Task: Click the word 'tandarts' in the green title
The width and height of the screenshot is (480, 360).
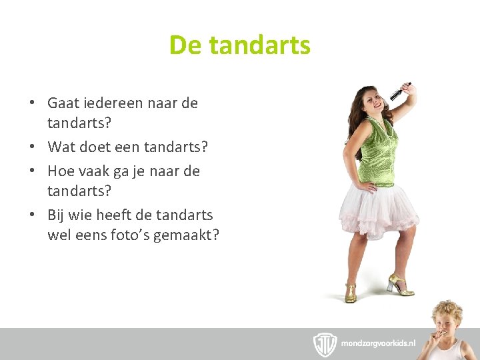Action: (259, 45)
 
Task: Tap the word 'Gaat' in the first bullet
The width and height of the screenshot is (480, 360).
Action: (64, 103)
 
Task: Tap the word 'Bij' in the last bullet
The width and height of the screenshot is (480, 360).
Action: (57, 215)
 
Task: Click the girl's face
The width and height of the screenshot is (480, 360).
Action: (371, 103)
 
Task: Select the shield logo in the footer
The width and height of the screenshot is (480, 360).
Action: (325, 344)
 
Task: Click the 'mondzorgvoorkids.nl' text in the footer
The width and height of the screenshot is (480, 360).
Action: (378, 343)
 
